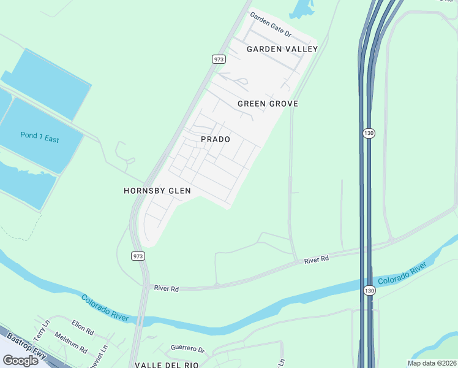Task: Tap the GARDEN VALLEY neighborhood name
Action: pyautogui.click(x=282, y=49)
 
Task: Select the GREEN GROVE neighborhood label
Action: pyautogui.click(x=268, y=104)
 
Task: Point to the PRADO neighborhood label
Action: pyautogui.click(x=216, y=139)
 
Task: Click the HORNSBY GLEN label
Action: pyautogui.click(x=157, y=191)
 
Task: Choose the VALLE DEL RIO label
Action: pyautogui.click(x=164, y=364)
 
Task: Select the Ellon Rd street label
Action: pyautogui.click(x=83, y=327)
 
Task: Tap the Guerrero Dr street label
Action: pyautogui.click(x=187, y=348)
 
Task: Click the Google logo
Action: pyautogui.click(x=20, y=361)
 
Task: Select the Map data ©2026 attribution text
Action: pyautogui.click(x=431, y=363)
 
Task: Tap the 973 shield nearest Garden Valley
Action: pyautogui.click(x=219, y=59)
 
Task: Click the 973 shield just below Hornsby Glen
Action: pyautogui.click(x=138, y=255)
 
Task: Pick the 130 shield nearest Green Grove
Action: pyautogui.click(x=368, y=133)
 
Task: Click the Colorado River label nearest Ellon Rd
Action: pyautogui.click(x=105, y=307)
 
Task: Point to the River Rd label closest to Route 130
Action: pyautogui.click(x=317, y=259)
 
